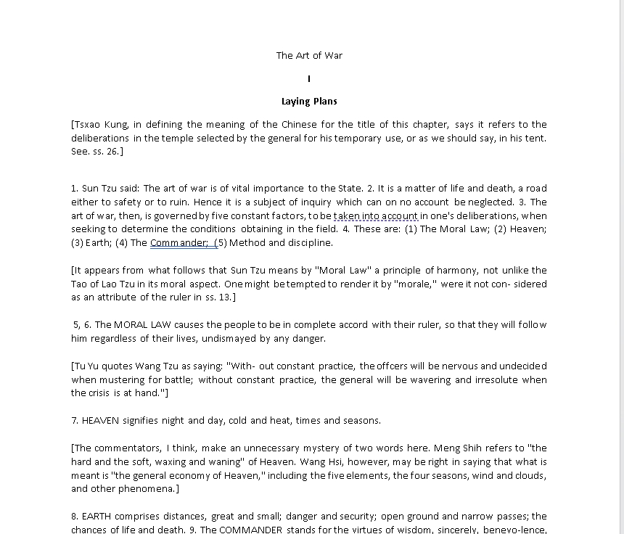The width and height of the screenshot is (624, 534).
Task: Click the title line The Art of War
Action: (x=309, y=55)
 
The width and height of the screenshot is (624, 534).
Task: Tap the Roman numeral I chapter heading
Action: (x=309, y=78)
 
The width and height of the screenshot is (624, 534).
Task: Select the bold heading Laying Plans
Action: (x=309, y=102)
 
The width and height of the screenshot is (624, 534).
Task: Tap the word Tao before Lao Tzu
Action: (x=80, y=284)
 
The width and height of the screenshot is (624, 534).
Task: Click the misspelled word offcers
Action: (x=397, y=366)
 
